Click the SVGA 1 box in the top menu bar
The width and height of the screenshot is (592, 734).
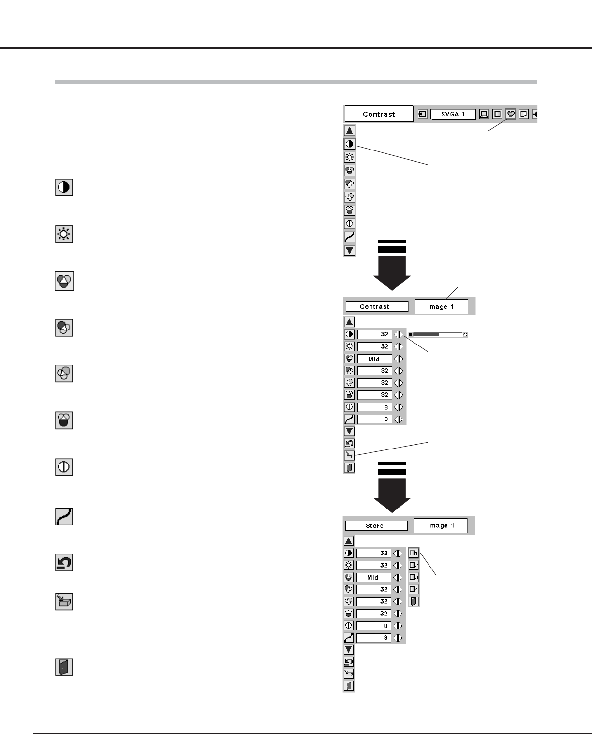tap(453, 115)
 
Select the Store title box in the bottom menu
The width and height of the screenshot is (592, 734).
tap(375, 526)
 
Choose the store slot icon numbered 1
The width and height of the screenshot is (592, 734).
tap(414, 553)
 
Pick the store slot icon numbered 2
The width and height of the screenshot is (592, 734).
tap(414, 565)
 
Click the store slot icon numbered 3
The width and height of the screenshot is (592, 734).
tap(414, 577)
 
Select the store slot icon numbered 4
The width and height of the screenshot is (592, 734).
tap(414, 589)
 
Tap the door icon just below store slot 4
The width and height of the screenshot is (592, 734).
tap(414, 601)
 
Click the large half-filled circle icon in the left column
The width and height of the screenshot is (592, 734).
tap(64, 187)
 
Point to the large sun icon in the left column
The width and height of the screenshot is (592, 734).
tap(64, 235)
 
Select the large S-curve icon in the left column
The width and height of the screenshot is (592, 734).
tap(64, 517)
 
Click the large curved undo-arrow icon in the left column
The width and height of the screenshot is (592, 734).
tap(64, 563)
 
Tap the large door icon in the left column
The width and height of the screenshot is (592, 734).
tap(64, 667)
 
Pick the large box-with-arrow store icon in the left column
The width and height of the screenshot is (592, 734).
tap(64, 601)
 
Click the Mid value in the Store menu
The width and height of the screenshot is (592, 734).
tap(373, 577)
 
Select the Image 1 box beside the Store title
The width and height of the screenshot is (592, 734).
tap(441, 525)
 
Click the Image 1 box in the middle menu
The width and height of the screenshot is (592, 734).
tap(441, 306)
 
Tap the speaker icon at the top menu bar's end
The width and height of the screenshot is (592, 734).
tap(534, 115)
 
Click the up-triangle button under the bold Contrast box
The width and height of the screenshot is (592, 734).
tap(350, 131)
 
